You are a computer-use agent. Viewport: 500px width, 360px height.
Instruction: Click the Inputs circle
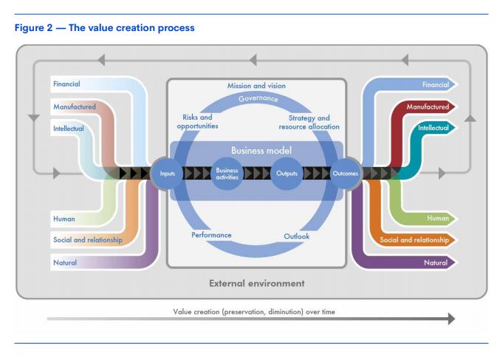pos(167,174)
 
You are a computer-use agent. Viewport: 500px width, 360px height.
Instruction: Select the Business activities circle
pos(227,174)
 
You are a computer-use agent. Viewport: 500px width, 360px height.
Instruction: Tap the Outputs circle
pos(287,174)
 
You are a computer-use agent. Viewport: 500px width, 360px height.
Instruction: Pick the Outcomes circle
pos(346,174)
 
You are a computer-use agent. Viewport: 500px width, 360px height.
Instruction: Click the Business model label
pos(261,150)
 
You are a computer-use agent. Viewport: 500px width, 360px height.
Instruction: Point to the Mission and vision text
pos(256,86)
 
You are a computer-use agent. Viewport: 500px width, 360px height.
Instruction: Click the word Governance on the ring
pos(258,98)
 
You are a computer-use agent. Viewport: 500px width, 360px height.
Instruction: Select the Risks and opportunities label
pos(197,121)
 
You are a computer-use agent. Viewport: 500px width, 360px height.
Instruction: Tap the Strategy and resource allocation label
pos(309,122)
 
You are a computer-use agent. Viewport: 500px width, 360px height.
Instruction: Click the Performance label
pos(211,235)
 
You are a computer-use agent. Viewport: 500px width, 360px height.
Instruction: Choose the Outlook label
pos(297,236)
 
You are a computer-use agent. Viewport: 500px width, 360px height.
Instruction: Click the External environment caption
pos(257,283)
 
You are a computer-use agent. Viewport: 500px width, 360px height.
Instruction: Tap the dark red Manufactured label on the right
pos(428,106)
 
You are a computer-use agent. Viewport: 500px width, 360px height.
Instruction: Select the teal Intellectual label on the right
pos(434,128)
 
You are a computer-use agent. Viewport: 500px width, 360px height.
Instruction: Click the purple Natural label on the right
pos(436,262)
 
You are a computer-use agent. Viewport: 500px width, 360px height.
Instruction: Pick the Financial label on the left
pos(66,84)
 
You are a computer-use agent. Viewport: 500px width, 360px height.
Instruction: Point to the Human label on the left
pos(64,219)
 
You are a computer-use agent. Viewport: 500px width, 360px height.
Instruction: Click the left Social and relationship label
pos(88,240)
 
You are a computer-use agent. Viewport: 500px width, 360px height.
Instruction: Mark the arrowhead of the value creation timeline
pos(451,319)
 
